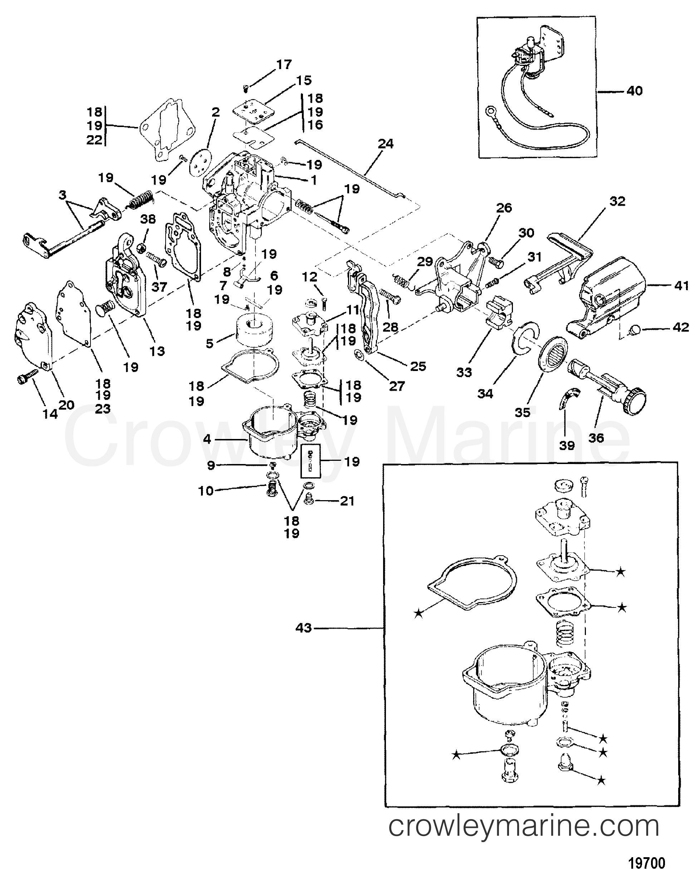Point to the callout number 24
pos(385,143)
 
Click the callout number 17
pos(284,64)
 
